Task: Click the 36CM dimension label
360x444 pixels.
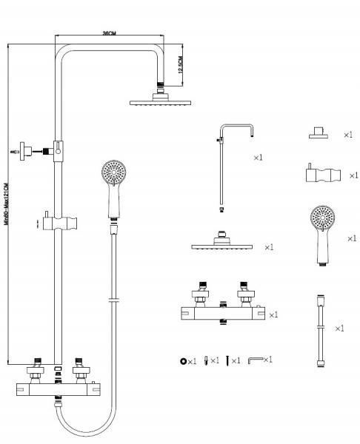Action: point(109,34)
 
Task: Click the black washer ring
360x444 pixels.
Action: point(181,361)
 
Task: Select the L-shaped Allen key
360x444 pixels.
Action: point(255,360)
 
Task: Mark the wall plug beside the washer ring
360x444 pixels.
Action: point(206,360)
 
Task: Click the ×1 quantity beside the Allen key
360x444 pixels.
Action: point(267,360)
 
